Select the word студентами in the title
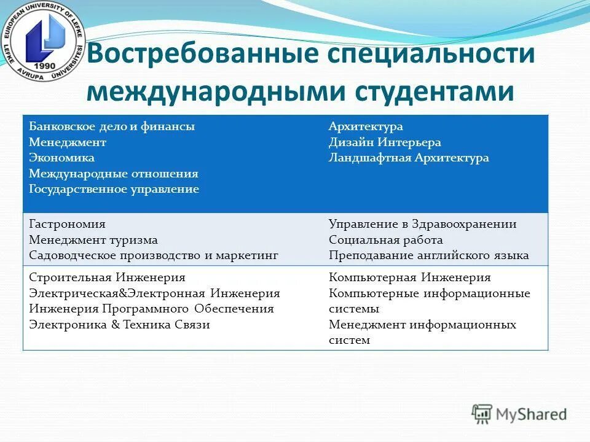pyautogui.click(x=433, y=91)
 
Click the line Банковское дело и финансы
pyautogui.click(x=112, y=126)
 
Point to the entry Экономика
pyautogui.click(x=61, y=158)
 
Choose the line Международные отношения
pyautogui.click(x=114, y=174)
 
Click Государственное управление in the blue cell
pyautogui.click(x=114, y=189)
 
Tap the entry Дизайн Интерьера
pyautogui.click(x=385, y=142)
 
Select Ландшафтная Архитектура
pyautogui.click(x=409, y=158)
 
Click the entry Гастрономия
pyautogui.click(x=67, y=224)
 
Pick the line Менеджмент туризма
pyautogui.click(x=93, y=240)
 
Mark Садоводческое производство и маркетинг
pyautogui.click(x=154, y=255)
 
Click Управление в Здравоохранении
pyautogui.click(x=422, y=224)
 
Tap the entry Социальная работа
pyautogui.click(x=385, y=240)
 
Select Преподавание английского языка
pyautogui.click(x=428, y=255)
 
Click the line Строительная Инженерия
pyautogui.click(x=107, y=277)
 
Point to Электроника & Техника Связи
pyautogui.click(x=119, y=325)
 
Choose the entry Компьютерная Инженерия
pyautogui.click(x=409, y=277)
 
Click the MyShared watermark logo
pyautogui.click(x=519, y=414)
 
